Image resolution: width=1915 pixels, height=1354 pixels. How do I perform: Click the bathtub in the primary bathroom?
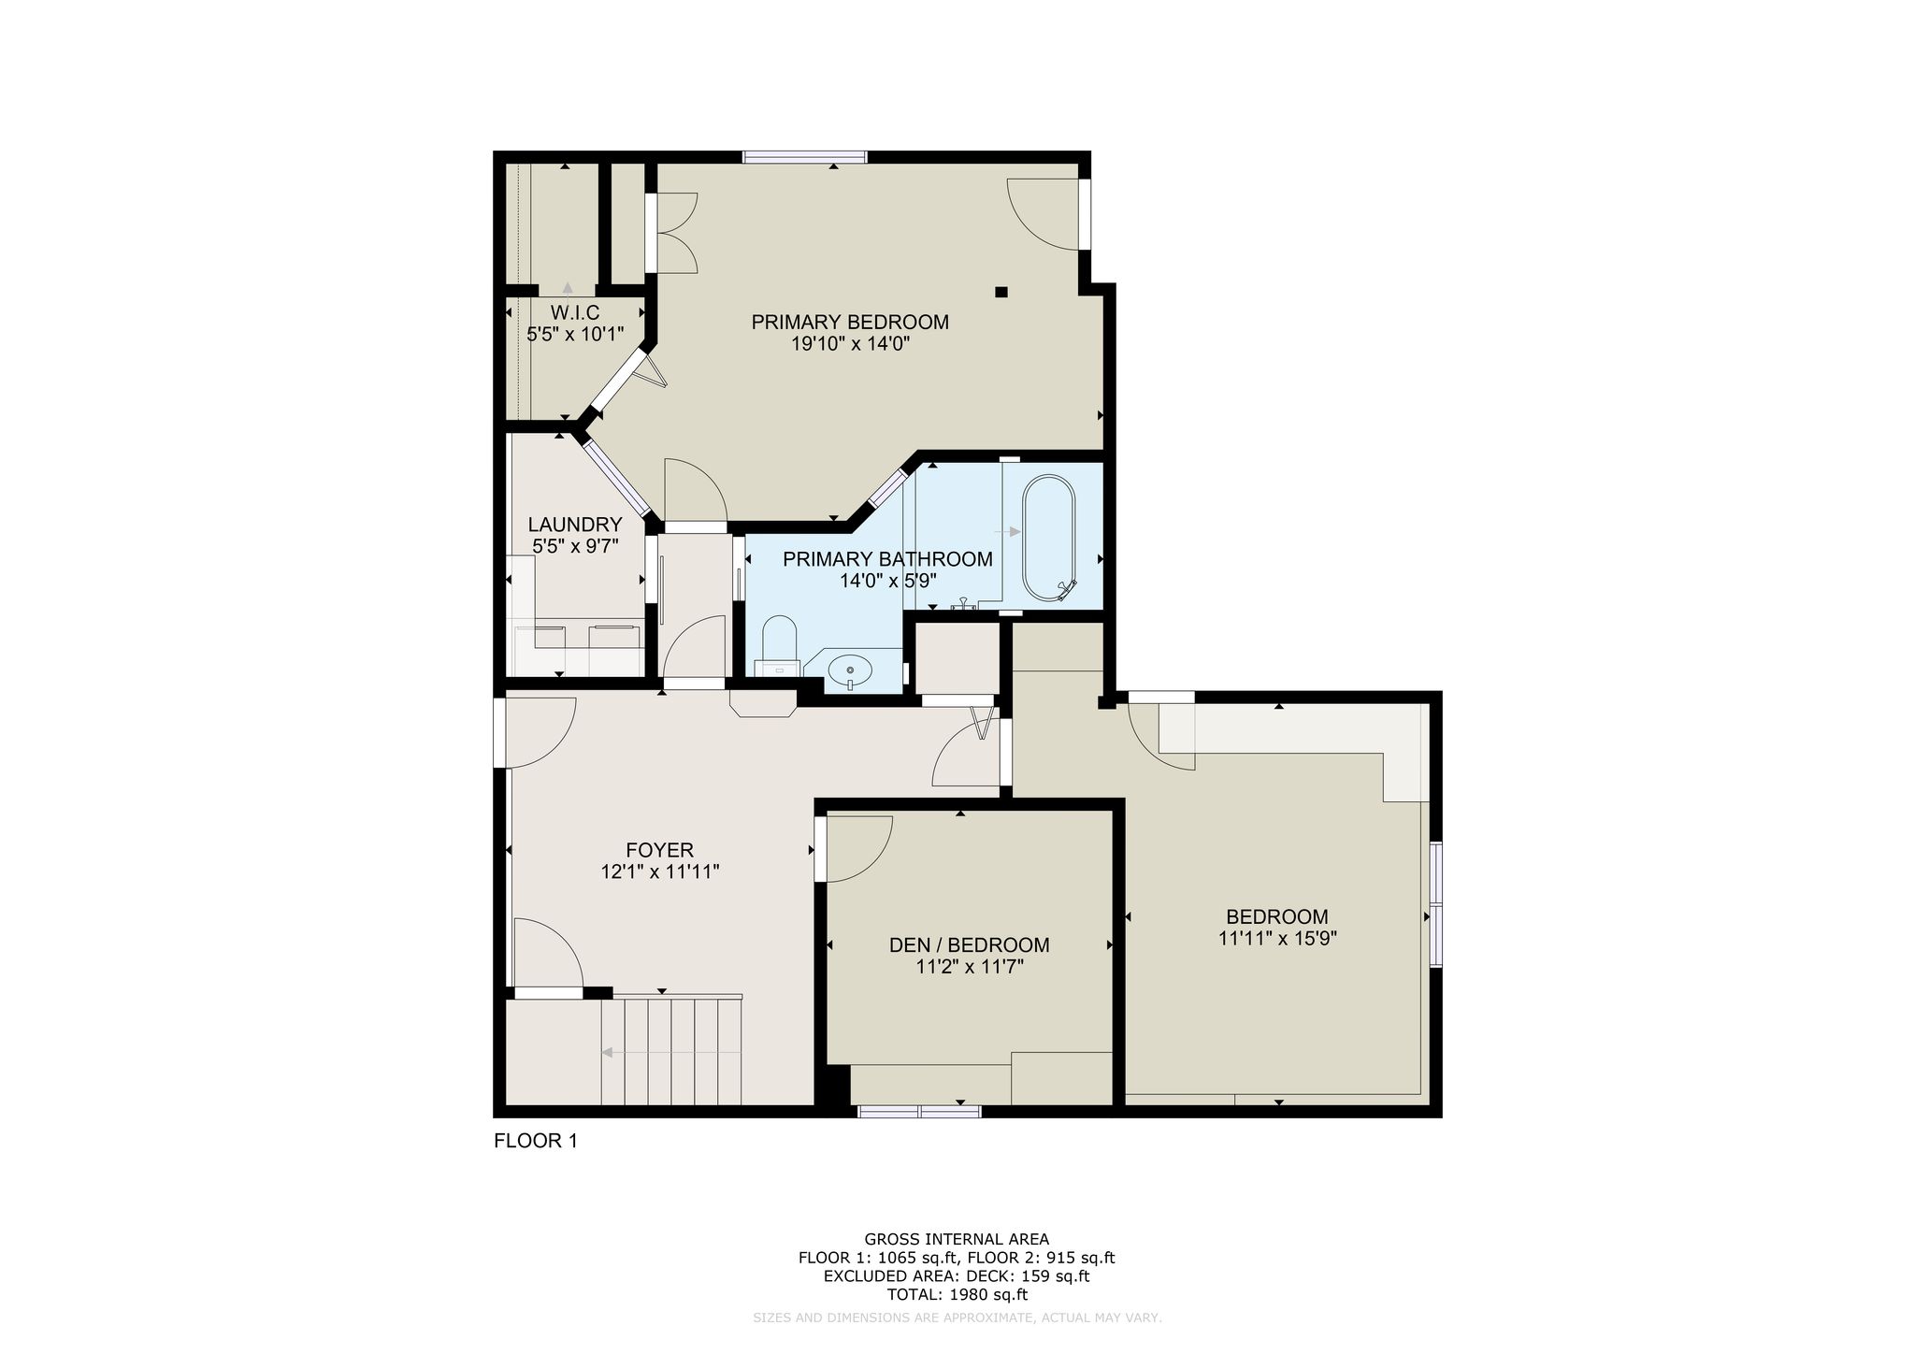[1050, 539]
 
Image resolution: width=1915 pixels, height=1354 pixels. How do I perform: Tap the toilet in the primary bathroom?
[778, 645]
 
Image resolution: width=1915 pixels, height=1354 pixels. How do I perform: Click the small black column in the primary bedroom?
[1001, 292]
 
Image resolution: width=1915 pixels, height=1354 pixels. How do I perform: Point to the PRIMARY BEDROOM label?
[850, 323]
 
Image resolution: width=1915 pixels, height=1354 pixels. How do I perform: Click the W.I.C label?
[575, 312]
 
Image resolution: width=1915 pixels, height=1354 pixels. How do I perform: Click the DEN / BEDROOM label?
[970, 945]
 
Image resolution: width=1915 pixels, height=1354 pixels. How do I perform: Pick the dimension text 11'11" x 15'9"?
[1278, 939]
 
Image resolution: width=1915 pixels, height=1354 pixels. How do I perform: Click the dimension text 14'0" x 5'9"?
[888, 581]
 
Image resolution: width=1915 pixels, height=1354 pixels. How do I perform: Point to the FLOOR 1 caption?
[536, 1142]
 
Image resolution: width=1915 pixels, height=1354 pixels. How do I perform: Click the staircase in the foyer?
[671, 1051]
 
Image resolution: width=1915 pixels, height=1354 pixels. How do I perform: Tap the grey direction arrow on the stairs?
[671, 1052]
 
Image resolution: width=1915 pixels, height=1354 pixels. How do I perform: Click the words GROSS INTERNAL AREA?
[957, 1240]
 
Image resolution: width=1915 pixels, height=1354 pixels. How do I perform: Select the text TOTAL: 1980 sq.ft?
[957, 1295]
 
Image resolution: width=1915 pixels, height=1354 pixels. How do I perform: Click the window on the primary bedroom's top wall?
[804, 157]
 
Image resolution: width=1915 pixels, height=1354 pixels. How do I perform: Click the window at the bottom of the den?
[919, 1111]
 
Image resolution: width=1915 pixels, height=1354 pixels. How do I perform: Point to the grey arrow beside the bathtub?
[1008, 532]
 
